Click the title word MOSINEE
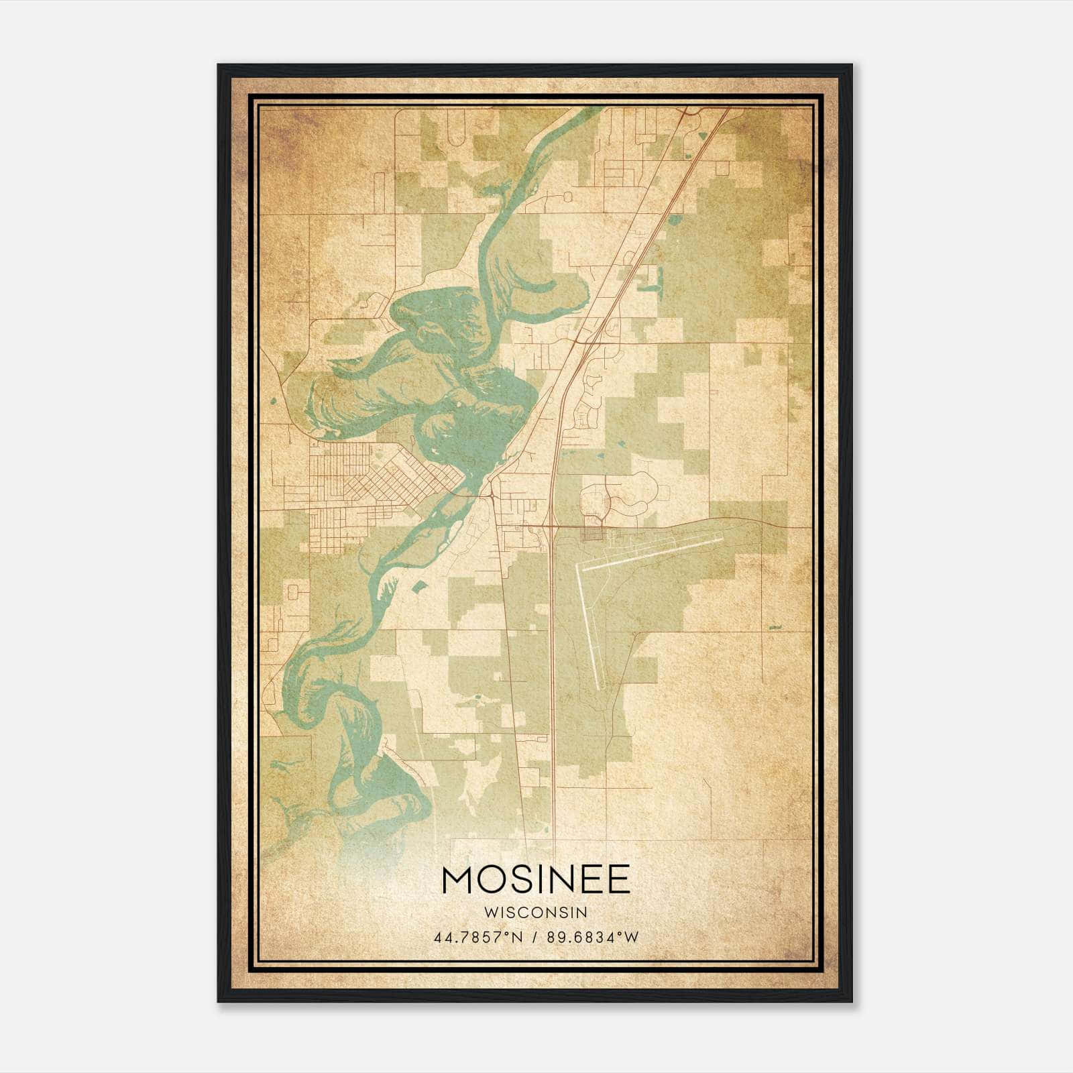click(x=536, y=879)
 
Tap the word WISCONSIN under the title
click(x=536, y=913)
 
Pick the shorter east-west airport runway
click(x=651, y=553)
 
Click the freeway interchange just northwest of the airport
click(x=551, y=526)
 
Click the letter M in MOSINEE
click(x=459, y=879)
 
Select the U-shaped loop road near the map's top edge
click(x=456, y=127)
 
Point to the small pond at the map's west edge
click(x=274, y=402)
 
